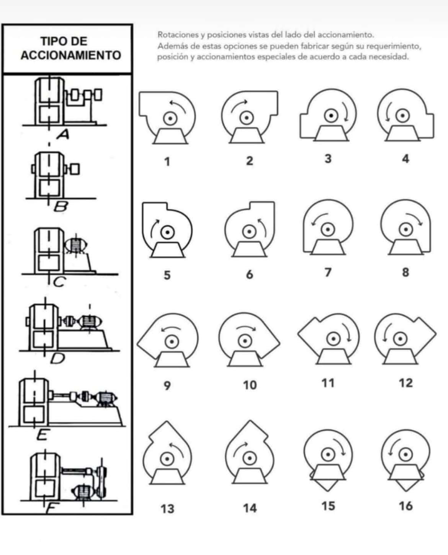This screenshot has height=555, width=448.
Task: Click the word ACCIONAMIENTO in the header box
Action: (71, 55)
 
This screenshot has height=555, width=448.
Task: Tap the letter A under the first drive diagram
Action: (63, 134)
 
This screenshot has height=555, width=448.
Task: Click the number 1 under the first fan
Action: (167, 162)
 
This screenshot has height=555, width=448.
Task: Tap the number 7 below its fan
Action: (328, 273)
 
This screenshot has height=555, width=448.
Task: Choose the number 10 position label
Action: (250, 385)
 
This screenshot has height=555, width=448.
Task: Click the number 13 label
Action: (167, 509)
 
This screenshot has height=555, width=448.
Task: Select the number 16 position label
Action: (406, 506)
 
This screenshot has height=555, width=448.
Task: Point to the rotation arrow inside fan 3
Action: (346, 111)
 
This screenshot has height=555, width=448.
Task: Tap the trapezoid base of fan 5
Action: (167, 251)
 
